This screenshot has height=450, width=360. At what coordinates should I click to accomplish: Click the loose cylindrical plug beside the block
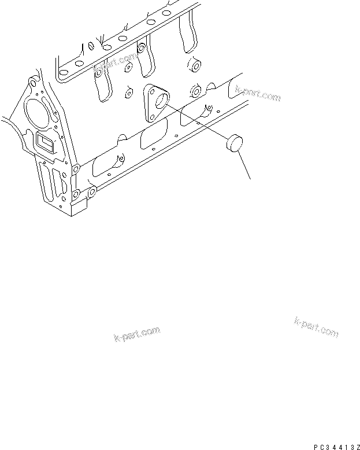coord(235,142)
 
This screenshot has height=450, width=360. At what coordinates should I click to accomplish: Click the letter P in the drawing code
coord(318,444)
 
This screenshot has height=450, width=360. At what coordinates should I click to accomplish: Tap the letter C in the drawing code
coord(324,444)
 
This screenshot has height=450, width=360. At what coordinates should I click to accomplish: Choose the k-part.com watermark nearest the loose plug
coord(258,93)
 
